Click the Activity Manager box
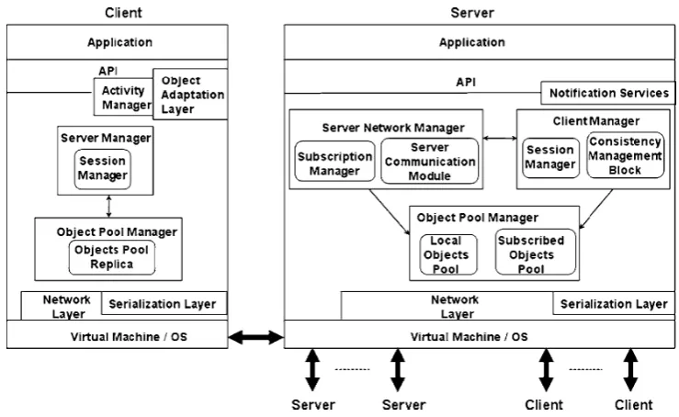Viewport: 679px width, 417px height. (x=124, y=96)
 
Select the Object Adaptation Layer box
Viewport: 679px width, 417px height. (x=190, y=94)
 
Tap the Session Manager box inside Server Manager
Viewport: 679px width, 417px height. (x=103, y=169)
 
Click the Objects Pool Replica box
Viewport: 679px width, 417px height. (x=112, y=257)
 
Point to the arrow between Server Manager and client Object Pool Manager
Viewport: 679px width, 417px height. (x=108, y=206)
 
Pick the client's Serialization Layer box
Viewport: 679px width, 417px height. (x=164, y=303)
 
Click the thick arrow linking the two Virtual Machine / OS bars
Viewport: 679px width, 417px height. (x=256, y=337)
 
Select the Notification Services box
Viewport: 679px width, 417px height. (x=608, y=93)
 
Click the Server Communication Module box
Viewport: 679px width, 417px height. (x=430, y=161)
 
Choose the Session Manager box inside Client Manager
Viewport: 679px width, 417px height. (x=550, y=158)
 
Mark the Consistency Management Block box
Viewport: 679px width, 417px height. (x=626, y=155)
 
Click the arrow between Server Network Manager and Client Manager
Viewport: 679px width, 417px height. (x=500, y=138)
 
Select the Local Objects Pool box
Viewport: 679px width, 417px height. (x=448, y=254)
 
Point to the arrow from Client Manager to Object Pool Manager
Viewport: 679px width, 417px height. (x=596, y=208)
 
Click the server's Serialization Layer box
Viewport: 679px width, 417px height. (x=614, y=303)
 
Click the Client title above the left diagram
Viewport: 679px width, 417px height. (x=123, y=13)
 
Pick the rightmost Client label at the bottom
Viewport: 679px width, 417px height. (x=633, y=405)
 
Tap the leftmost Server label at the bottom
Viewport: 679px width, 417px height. (x=313, y=405)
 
